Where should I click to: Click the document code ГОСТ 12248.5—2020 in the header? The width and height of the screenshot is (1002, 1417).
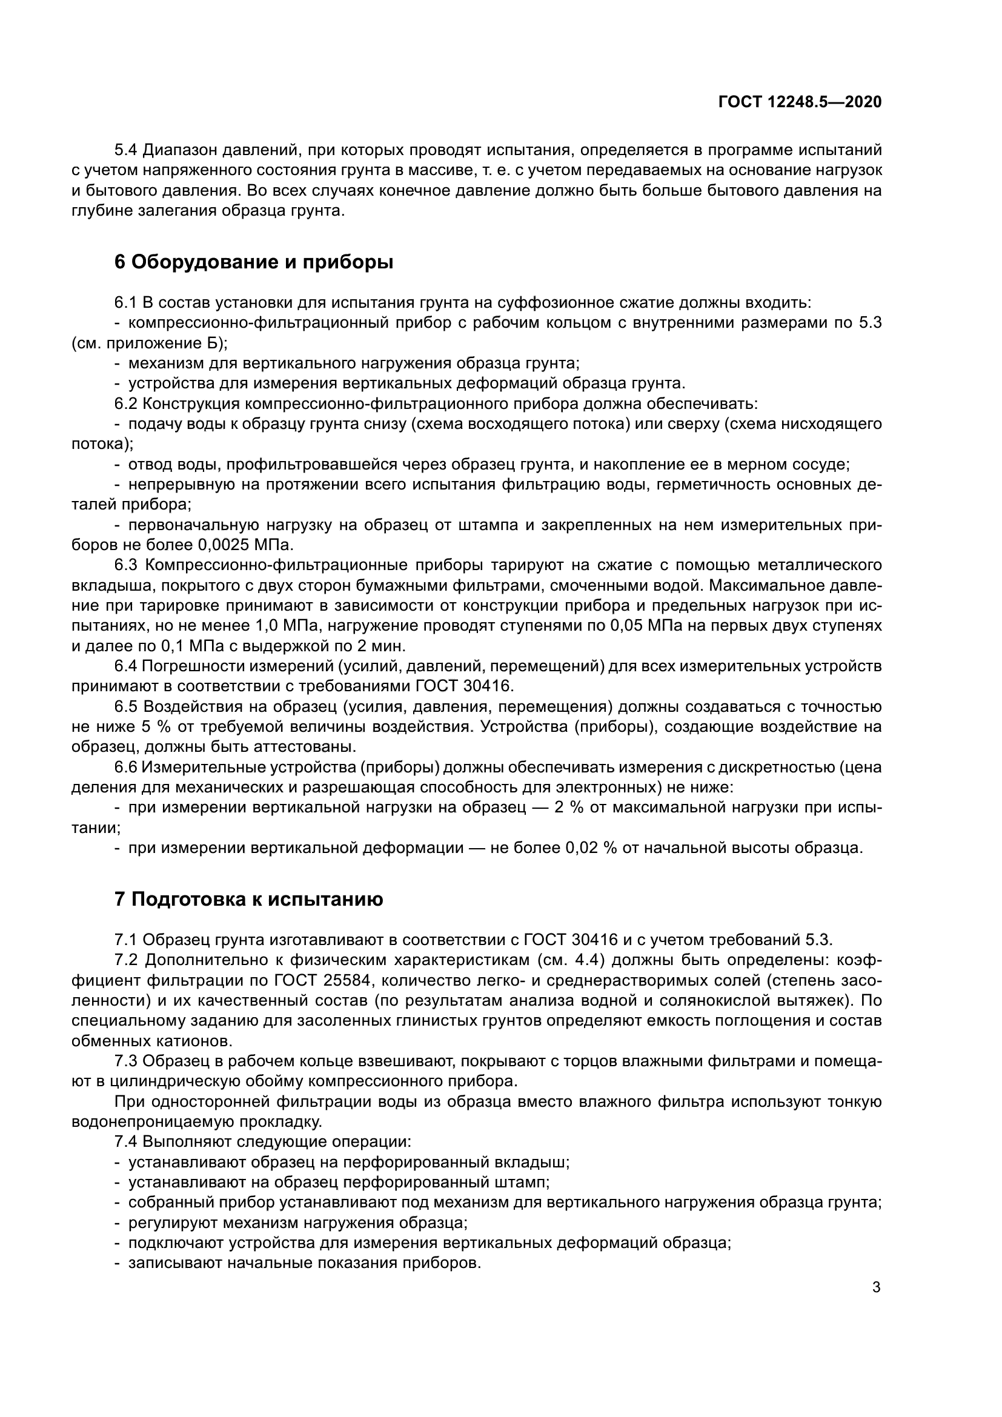[800, 102]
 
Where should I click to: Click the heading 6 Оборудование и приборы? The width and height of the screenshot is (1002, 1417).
[254, 262]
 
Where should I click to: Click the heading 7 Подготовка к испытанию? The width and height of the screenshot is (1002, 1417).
[248, 899]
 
